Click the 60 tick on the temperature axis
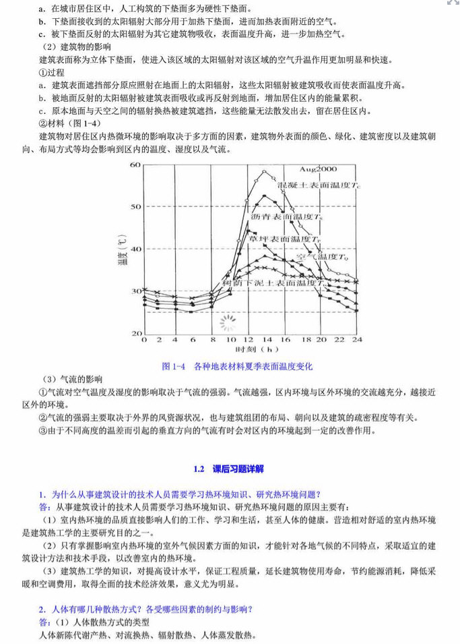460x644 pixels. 135,165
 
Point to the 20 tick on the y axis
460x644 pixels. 135,334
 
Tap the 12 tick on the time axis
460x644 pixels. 249,341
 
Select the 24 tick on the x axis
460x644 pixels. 357,341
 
